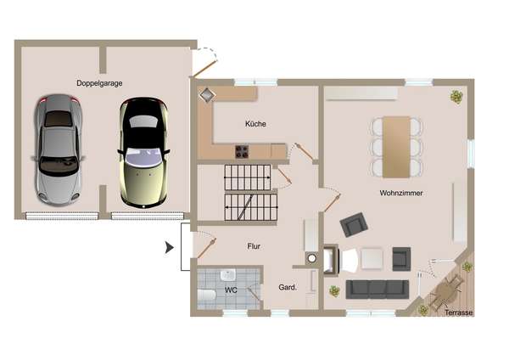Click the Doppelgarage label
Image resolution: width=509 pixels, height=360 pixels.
tap(99, 83)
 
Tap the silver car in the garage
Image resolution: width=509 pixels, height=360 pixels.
tap(59, 149)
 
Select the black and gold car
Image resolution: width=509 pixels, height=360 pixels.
tap(144, 152)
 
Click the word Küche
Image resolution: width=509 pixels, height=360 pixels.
tap(255, 124)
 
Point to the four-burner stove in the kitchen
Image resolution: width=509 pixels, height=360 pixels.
tap(242, 152)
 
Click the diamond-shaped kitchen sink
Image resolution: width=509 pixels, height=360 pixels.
tap(207, 95)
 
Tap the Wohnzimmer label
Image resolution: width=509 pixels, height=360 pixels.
tap(401, 193)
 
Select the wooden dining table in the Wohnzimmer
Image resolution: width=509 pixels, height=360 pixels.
tap(396, 147)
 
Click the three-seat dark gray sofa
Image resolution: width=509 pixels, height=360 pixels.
tap(378, 290)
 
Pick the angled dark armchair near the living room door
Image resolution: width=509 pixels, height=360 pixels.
tap(354, 224)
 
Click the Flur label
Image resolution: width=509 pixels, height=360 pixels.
tap(254, 246)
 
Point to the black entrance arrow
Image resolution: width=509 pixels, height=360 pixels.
tap(170, 248)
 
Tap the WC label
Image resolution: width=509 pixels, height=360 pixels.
tap(231, 290)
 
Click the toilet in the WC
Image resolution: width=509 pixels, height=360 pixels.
tap(206, 295)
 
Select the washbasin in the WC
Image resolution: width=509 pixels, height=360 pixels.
tap(228, 275)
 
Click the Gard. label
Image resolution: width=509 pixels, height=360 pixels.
tap(288, 287)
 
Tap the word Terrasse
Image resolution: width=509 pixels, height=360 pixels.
tap(458, 312)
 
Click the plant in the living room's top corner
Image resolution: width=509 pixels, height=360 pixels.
tap(456, 97)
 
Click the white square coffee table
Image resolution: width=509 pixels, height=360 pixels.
tap(372, 259)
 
